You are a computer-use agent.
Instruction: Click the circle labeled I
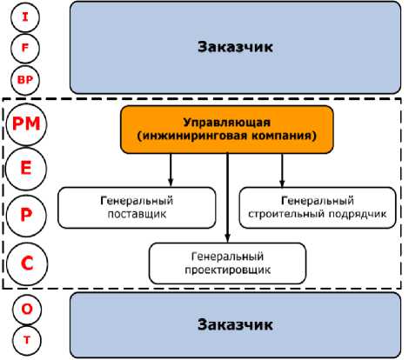point(25,17)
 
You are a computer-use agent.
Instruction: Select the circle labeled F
point(25,48)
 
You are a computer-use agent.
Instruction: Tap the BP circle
point(25,80)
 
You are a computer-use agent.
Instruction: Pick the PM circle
point(26,124)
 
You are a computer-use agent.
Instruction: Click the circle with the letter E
point(26,169)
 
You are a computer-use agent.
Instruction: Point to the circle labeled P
point(26,215)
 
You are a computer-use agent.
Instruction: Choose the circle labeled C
point(27,263)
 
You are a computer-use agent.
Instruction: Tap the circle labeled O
point(27,310)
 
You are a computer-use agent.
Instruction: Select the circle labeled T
point(27,340)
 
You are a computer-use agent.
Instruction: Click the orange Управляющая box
point(227,130)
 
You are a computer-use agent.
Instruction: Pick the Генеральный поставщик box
point(137,208)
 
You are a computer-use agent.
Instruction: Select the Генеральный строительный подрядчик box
point(318,208)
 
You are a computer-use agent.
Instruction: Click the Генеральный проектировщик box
point(228,263)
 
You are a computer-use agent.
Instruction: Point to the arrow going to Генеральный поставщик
point(171,170)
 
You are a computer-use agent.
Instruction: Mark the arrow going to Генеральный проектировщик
point(227,197)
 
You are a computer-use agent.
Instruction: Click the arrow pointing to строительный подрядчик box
point(282,170)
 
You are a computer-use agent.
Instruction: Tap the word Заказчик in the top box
point(235,47)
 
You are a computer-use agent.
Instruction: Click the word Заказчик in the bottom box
point(235,325)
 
